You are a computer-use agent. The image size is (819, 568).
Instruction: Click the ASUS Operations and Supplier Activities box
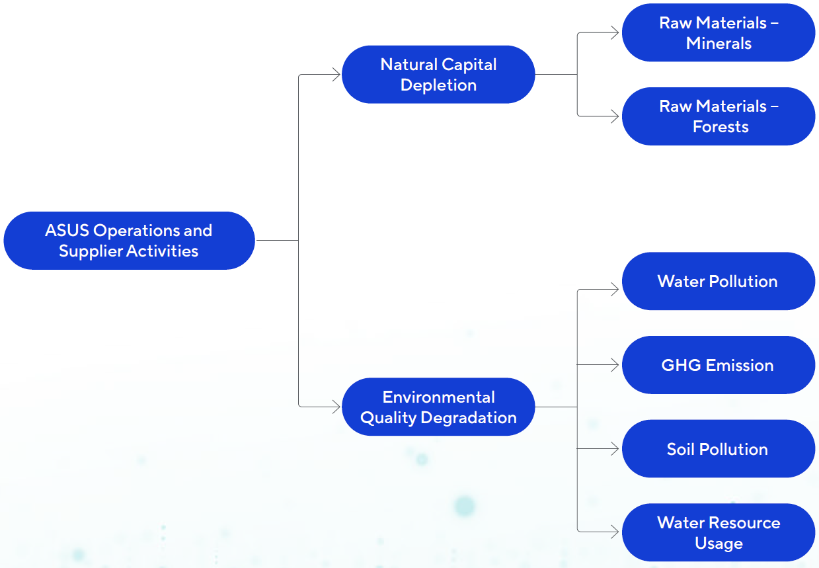(x=129, y=241)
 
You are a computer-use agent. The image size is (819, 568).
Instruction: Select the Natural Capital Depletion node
(x=438, y=75)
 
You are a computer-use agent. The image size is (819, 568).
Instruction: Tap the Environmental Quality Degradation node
(x=438, y=407)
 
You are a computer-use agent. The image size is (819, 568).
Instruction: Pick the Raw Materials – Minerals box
(x=719, y=33)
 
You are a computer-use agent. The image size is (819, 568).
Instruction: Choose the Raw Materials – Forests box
(x=719, y=116)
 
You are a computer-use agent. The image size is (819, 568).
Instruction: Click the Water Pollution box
(x=719, y=281)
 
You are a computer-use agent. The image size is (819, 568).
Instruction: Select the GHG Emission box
(x=719, y=365)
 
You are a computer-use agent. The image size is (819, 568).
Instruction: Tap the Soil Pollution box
(x=719, y=449)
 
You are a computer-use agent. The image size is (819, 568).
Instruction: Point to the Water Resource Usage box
(x=719, y=533)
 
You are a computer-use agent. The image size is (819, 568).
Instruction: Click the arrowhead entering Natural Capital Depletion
(x=336, y=75)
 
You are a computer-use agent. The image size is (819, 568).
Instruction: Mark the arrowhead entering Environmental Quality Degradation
(x=336, y=407)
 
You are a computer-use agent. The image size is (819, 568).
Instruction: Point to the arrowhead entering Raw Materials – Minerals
(x=615, y=33)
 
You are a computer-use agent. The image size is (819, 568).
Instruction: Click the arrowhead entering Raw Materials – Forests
(x=615, y=116)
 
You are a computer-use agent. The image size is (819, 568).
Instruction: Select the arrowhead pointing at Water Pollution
(x=615, y=289)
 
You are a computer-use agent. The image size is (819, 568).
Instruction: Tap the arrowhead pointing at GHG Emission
(x=615, y=365)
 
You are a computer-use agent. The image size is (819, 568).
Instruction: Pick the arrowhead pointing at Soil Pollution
(x=615, y=449)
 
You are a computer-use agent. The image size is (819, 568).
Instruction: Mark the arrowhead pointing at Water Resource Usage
(x=615, y=531)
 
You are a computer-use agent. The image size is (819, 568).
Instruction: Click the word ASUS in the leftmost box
(x=67, y=231)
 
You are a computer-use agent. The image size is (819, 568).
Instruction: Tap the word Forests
(x=721, y=127)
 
